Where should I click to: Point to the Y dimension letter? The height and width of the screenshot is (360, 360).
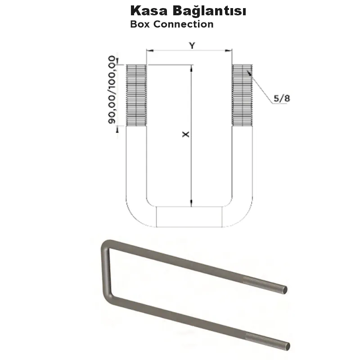point(192,45)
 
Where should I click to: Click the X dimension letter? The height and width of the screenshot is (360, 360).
point(185,135)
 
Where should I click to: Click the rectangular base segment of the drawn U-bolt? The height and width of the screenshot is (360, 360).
point(189,216)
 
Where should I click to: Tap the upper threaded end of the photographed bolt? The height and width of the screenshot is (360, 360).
point(265,283)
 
